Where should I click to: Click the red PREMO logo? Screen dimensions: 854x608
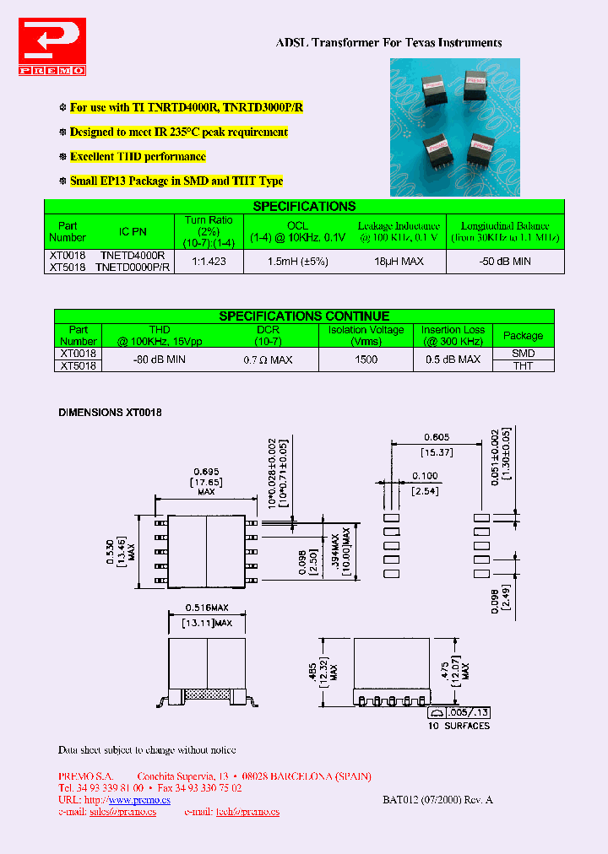click(x=52, y=49)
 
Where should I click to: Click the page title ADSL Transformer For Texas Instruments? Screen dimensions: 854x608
click(x=389, y=42)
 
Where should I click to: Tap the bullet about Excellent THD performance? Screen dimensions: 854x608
click(x=138, y=157)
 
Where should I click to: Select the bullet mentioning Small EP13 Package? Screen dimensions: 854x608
click(x=176, y=181)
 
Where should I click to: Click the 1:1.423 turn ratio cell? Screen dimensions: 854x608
click(x=209, y=262)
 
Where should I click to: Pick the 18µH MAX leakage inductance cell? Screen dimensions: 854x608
click(x=399, y=262)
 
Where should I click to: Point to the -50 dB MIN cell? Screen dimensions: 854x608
click(x=505, y=262)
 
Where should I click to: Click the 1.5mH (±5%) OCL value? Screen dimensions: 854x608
click(x=297, y=262)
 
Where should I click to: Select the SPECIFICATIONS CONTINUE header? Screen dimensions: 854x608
click(x=304, y=316)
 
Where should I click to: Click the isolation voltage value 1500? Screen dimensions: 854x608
click(x=366, y=359)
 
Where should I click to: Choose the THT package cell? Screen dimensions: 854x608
click(x=523, y=366)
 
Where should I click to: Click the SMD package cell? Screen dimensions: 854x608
click(x=523, y=354)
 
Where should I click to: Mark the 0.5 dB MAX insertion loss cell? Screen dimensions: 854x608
click(x=453, y=359)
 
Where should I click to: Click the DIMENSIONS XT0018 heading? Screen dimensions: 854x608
click(x=110, y=413)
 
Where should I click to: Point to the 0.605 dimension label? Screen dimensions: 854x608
click(x=436, y=437)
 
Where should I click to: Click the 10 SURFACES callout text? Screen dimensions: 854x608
click(x=459, y=726)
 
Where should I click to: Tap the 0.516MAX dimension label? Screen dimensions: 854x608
click(x=206, y=608)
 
